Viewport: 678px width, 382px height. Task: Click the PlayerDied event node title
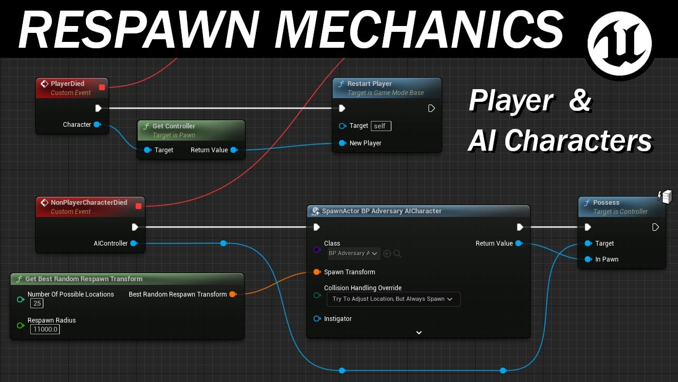click(67, 84)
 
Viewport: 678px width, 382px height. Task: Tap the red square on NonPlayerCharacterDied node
click(139, 206)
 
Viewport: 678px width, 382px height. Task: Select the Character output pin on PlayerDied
click(97, 125)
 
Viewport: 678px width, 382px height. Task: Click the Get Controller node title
click(174, 126)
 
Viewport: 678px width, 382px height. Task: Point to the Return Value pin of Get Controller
click(234, 150)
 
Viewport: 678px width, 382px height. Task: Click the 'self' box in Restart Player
click(380, 126)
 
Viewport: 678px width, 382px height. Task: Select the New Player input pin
click(342, 143)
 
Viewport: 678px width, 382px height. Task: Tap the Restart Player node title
click(369, 84)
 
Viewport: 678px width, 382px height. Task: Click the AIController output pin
click(134, 244)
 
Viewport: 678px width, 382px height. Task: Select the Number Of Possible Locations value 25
click(37, 303)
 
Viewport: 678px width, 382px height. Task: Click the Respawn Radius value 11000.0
click(45, 329)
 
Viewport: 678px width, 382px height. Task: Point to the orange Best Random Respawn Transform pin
click(233, 294)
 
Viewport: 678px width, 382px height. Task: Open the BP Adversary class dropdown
click(353, 254)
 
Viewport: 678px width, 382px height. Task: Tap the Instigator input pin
click(317, 319)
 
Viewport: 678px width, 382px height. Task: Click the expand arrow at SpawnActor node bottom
click(418, 333)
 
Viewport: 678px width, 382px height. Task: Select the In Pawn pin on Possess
click(588, 259)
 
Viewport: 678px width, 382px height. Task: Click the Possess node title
click(606, 203)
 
